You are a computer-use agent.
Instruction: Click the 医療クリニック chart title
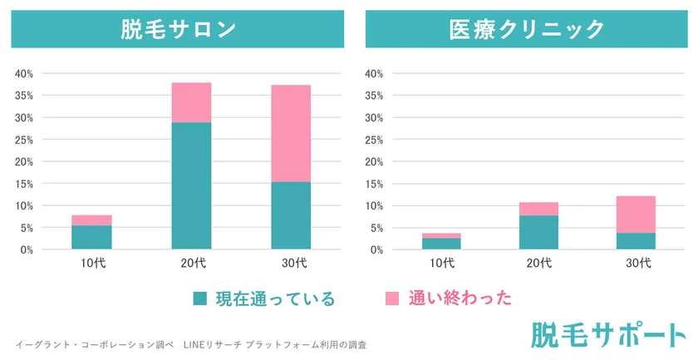(x=527, y=29)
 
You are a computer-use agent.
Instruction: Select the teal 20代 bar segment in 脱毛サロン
(x=191, y=185)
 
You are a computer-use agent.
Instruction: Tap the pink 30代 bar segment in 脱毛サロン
(x=291, y=133)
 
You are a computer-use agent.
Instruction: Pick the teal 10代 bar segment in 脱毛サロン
(x=91, y=237)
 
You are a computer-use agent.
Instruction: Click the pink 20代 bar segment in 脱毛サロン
(x=191, y=102)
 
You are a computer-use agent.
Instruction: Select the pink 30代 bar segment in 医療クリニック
(x=635, y=215)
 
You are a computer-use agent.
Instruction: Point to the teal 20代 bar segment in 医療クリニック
(x=539, y=232)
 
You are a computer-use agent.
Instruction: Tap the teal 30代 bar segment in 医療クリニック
(x=635, y=240)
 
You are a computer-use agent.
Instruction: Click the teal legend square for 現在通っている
(x=199, y=298)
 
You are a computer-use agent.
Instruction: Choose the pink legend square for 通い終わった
(x=393, y=298)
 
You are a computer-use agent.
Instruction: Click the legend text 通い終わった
(x=460, y=298)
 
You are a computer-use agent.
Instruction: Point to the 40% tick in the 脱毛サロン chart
(x=24, y=73)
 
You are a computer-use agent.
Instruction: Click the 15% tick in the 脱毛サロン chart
(x=24, y=184)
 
